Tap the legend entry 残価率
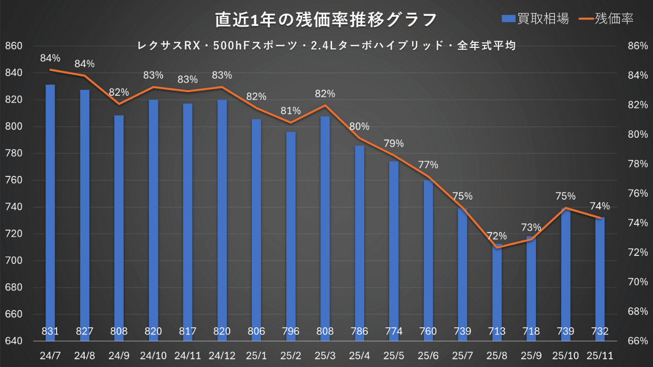click(607, 19)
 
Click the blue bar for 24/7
click(51, 204)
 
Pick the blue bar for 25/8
click(496, 285)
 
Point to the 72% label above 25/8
click(496, 236)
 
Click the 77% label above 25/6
click(428, 165)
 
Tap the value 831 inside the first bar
click(51, 331)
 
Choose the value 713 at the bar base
click(496, 331)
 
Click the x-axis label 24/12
click(222, 354)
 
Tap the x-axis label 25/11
click(599, 354)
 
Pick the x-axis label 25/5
click(393, 354)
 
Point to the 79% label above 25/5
click(393, 143)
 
